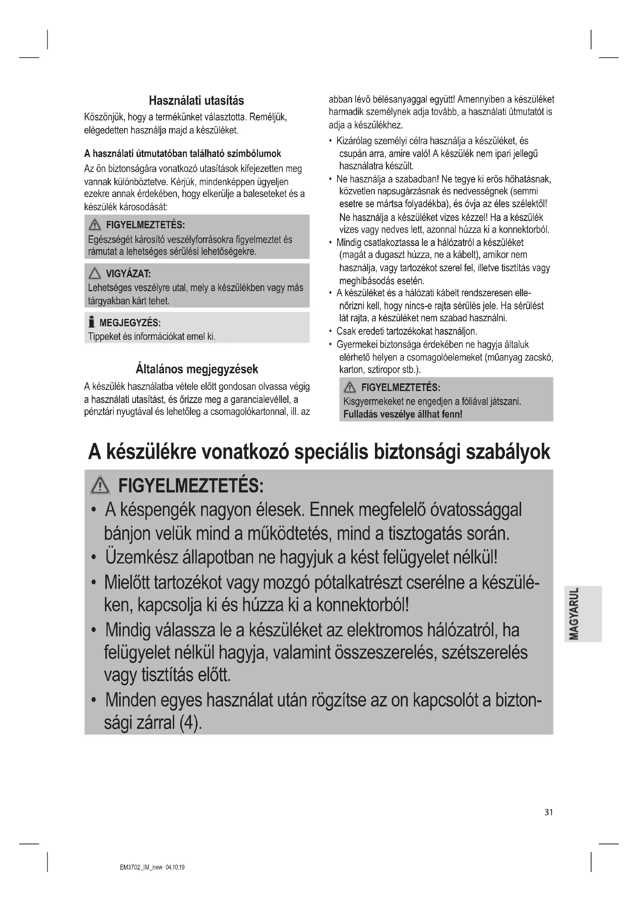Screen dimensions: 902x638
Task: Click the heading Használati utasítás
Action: pos(196,101)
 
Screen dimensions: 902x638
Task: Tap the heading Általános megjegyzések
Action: pos(196,369)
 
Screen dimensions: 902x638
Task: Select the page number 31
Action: pos(549,813)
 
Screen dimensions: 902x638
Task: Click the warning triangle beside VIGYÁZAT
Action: pos(95,273)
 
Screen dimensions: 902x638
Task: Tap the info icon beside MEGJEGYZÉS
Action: pos(92,322)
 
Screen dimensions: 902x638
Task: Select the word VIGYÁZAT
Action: pos(128,274)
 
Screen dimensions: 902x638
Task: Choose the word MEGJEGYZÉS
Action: pos(130,323)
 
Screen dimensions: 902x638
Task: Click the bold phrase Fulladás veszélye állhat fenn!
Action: pos(403,414)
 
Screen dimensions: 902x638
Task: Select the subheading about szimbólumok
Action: pos(183,153)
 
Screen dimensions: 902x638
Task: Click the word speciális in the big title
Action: pos(332,453)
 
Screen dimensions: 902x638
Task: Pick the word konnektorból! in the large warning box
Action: pos(362,605)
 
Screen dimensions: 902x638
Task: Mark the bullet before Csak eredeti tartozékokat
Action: pos(331,332)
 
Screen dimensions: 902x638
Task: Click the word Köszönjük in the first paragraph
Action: pos(104,118)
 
